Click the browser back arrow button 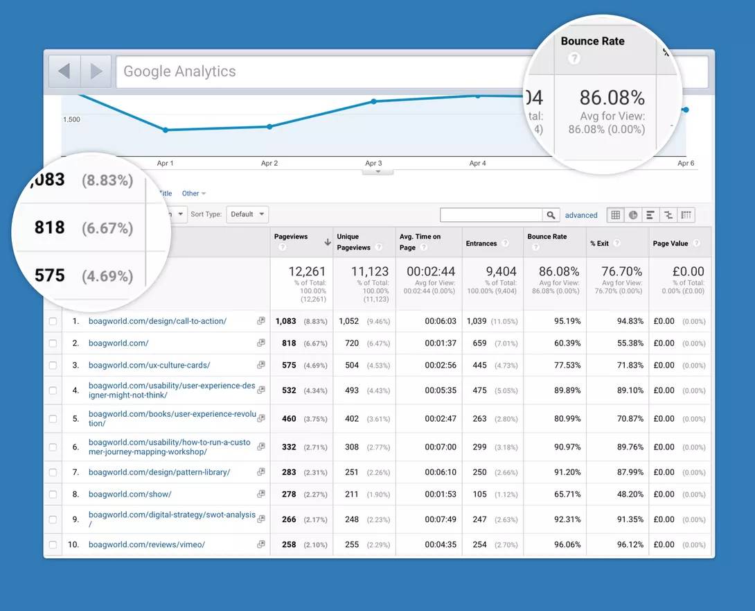tap(64, 71)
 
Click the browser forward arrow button tap(96, 71)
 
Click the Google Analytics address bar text tap(179, 71)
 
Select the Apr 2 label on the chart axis tap(269, 164)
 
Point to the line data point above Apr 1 tap(166, 130)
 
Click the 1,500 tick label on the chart tap(71, 119)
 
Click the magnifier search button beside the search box tap(551, 215)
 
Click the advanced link tap(581, 215)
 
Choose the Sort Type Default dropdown tap(247, 214)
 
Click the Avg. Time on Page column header tap(420, 242)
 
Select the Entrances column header tap(481, 243)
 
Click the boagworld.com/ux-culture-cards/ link tap(149, 365)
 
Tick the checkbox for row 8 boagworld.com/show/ tap(53, 494)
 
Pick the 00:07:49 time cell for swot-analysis tap(441, 519)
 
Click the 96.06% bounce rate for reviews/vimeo tap(563, 544)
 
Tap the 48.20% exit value tap(626, 494)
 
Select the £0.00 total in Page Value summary tap(688, 271)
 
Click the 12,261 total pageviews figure tap(307, 271)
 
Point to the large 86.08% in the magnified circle tap(612, 97)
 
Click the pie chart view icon tap(633, 215)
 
